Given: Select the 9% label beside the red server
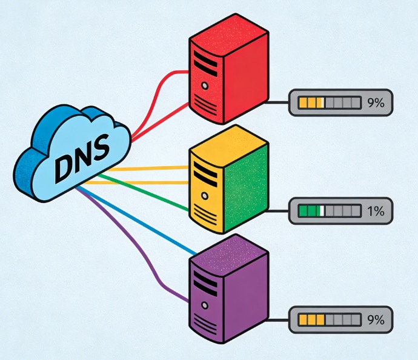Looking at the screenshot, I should (376, 103).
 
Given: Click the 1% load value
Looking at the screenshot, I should (376, 212).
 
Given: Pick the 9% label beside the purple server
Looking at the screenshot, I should (376, 319).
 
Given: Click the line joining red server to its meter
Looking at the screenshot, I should (277, 103).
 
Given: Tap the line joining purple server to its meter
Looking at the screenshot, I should (277, 319).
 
